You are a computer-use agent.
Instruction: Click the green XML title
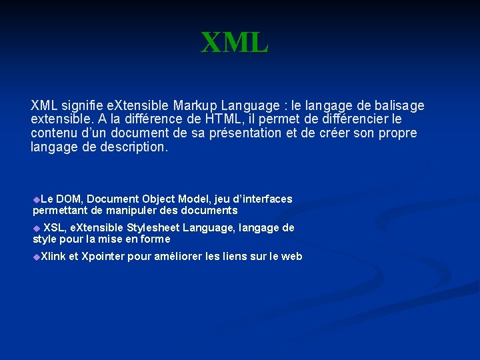[235, 43]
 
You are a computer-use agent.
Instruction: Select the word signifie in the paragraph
[81, 105]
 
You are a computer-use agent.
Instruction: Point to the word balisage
[399, 105]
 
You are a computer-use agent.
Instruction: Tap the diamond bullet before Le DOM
[37, 199]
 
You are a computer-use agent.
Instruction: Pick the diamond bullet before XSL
[37, 228]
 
